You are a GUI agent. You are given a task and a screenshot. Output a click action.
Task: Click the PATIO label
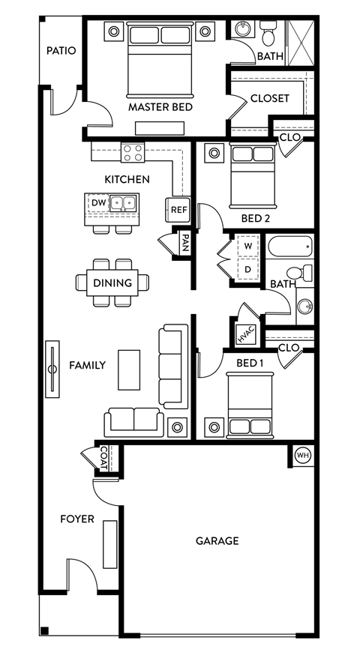click(61, 51)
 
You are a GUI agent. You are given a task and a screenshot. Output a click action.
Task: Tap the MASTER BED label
click(160, 107)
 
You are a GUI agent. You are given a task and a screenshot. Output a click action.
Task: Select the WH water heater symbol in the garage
click(302, 455)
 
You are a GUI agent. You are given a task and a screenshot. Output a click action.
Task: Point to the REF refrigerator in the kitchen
click(178, 210)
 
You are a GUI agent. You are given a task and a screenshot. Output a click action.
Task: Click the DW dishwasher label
click(98, 202)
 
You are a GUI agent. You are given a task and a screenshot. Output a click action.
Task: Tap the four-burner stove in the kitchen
click(133, 153)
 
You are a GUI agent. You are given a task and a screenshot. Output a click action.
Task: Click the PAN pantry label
click(184, 244)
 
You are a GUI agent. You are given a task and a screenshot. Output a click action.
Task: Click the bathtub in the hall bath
click(289, 245)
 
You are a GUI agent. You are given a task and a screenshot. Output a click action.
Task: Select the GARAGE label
click(217, 540)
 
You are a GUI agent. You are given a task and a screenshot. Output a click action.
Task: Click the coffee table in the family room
click(128, 369)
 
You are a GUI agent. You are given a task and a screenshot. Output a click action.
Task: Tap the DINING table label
click(112, 283)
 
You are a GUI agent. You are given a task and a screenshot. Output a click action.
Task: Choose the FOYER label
click(77, 519)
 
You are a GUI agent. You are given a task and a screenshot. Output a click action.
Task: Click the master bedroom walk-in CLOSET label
click(269, 98)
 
